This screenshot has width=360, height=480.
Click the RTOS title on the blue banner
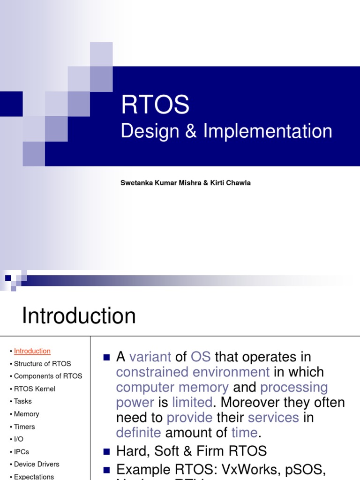[155, 105]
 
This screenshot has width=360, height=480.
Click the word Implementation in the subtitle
[268, 131]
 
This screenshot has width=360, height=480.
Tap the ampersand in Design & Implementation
[190, 132]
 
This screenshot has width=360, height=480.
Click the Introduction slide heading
[79, 315]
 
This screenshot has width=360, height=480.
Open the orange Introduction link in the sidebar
[32, 351]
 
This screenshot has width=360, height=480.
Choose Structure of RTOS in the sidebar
[42, 364]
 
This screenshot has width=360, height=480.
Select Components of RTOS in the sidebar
[48, 376]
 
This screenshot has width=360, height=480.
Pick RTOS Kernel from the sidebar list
[34, 389]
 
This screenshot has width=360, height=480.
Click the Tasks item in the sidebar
[23, 401]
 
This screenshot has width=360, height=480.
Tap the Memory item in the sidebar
[26, 414]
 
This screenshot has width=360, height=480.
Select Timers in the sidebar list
[24, 427]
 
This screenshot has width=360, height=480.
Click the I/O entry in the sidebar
[19, 439]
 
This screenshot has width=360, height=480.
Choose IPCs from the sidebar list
[21, 452]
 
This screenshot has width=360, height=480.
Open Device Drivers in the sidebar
[37, 464]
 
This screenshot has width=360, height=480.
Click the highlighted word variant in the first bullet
[150, 357]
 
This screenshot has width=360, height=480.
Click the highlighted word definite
[138, 433]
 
